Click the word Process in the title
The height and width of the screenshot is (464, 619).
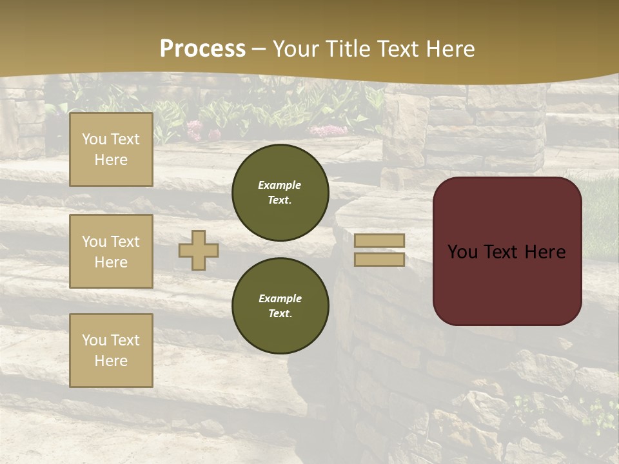click(202, 49)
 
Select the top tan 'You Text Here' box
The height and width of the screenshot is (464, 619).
click(111, 150)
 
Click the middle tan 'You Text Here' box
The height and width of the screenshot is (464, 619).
click(111, 251)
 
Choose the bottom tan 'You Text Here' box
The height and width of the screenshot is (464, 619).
click(111, 351)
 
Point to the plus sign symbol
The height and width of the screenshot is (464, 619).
click(199, 250)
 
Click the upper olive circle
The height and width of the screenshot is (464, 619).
click(280, 192)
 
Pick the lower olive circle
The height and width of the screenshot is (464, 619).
click(280, 305)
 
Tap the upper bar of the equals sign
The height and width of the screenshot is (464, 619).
click(379, 241)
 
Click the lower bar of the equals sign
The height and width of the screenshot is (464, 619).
click(379, 259)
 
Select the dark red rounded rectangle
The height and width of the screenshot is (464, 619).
click(507, 284)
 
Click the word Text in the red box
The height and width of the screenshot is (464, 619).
click(506, 252)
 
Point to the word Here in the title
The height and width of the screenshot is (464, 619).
click(449, 49)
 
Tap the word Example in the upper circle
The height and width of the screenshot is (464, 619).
click(280, 185)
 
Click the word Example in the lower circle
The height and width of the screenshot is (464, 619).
click(280, 298)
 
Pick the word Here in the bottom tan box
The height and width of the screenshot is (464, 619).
click(111, 361)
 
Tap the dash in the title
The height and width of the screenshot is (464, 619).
click(259, 49)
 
